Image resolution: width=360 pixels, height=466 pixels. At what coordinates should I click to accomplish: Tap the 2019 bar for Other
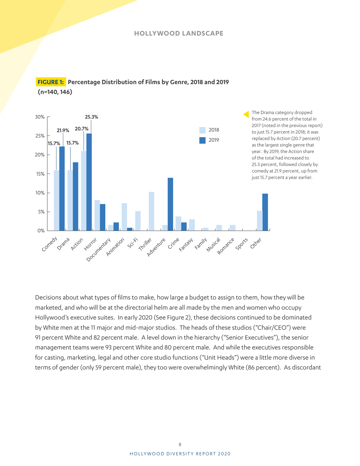tap(265, 212)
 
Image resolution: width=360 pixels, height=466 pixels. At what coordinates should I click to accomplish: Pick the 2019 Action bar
tap(89, 182)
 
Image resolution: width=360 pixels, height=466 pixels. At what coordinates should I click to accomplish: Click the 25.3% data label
tap(91, 117)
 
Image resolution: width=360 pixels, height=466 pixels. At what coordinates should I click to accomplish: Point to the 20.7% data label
tap(81, 129)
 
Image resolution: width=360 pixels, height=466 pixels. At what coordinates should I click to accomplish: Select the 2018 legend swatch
tap(203, 130)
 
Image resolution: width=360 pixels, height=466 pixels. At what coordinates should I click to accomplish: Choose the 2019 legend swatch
tap(203, 140)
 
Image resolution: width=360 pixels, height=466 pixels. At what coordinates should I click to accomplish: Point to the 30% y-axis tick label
tap(40, 117)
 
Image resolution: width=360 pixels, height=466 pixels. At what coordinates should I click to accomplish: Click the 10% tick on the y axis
tap(40, 193)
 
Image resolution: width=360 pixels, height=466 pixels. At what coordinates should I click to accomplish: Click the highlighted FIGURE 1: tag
tap(52, 82)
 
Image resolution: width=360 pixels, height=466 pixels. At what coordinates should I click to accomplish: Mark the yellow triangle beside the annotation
tap(246, 114)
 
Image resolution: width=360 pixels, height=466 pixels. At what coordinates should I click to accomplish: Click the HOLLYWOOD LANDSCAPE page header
tap(178, 34)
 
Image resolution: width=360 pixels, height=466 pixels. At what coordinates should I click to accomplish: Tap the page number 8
tap(180, 444)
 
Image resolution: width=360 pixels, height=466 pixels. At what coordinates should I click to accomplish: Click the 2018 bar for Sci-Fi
tap(138, 221)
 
